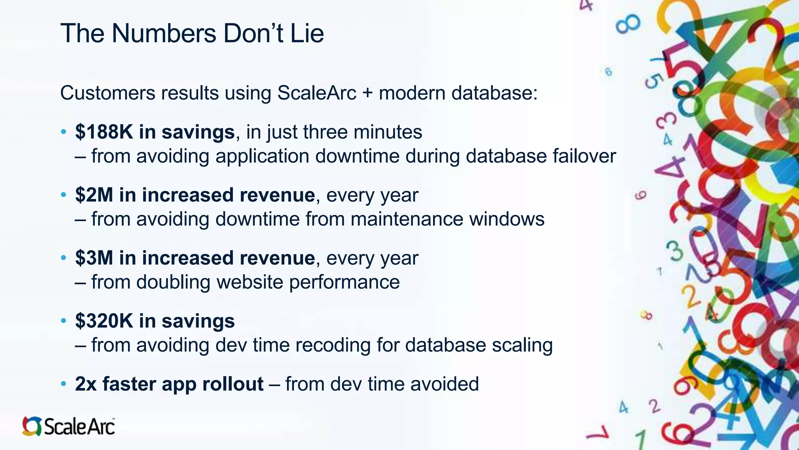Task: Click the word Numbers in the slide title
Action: click(x=164, y=33)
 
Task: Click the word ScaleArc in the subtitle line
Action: click(x=317, y=93)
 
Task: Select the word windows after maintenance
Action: click(x=506, y=219)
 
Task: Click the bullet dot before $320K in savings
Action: click(x=64, y=321)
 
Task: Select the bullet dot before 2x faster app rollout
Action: click(x=64, y=384)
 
